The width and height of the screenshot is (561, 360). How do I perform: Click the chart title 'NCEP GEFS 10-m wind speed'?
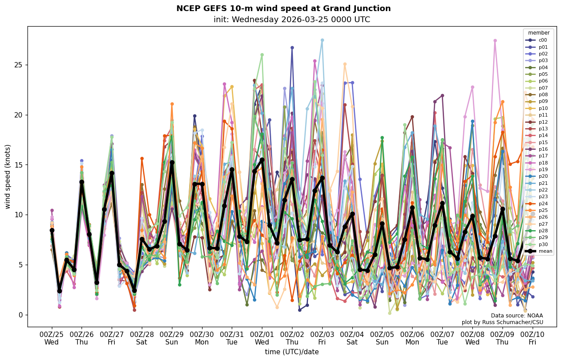pyautogui.click(x=283, y=8)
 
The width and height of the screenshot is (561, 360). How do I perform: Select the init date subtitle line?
pyautogui.click(x=292, y=20)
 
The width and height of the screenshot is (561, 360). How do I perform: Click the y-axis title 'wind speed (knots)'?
pyautogui.click(x=8, y=176)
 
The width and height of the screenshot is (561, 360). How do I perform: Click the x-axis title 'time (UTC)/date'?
pyautogui.click(x=292, y=352)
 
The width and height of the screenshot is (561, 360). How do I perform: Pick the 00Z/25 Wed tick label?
pyautogui.click(x=51, y=338)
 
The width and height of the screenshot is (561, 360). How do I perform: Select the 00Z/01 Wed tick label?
pyautogui.click(x=262, y=338)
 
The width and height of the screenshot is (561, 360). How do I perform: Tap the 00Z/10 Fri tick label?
pyautogui.click(x=532, y=338)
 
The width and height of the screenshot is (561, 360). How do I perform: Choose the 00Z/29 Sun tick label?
pyautogui.click(x=172, y=338)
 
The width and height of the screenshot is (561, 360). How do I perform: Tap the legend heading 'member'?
pyautogui.click(x=538, y=33)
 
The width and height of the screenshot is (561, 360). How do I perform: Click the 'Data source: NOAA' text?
pyautogui.click(x=517, y=316)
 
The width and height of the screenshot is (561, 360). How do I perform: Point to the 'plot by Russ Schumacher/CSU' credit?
pyautogui.click(x=502, y=322)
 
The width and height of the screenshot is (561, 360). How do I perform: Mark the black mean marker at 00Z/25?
pyautogui.click(x=52, y=230)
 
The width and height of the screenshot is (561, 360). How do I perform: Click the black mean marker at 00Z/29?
pyautogui.click(x=172, y=162)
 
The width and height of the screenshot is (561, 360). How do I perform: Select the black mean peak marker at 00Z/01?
pyautogui.click(x=262, y=160)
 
